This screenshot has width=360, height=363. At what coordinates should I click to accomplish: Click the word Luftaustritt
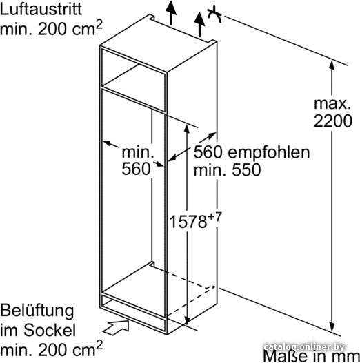41,9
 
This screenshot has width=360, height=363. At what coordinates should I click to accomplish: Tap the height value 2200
332,121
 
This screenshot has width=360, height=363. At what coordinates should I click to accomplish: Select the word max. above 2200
332,104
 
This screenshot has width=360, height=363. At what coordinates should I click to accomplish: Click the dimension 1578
188,222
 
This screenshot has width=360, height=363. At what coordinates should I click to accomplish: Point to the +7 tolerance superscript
214,217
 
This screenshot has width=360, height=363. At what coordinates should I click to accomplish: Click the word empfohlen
269,153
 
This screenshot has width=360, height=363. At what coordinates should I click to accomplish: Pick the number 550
246,170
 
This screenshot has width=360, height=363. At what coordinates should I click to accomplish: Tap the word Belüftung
37,311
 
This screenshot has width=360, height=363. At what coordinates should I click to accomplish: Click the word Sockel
50,330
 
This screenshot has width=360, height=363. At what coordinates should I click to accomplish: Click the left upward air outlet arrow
171,12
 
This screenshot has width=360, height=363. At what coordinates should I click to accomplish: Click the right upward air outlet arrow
199,25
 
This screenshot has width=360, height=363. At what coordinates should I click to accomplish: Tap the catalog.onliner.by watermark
304,347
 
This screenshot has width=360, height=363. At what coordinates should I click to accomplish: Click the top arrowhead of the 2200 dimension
332,65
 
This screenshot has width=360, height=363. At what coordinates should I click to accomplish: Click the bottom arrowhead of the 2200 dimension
332,327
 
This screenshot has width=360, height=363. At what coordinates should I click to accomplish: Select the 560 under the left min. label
136,169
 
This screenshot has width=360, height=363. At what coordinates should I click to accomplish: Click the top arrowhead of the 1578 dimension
187,129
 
